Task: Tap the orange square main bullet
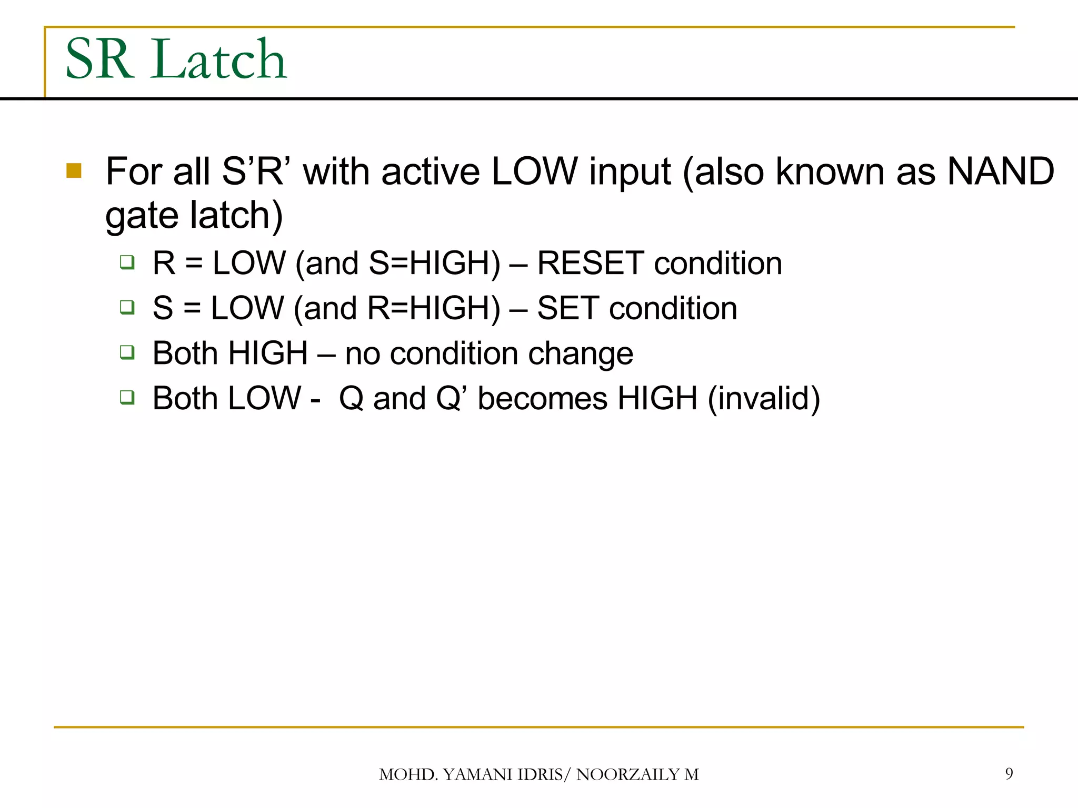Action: pos(74,171)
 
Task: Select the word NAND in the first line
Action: pos(1000,171)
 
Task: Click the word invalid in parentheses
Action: pos(764,398)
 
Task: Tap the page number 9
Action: pos(1009,773)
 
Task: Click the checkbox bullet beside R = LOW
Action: pos(127,262)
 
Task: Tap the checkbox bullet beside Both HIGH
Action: pos(127,352)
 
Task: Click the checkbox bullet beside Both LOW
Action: pos(127,397)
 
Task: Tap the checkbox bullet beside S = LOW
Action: pos(127,307)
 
